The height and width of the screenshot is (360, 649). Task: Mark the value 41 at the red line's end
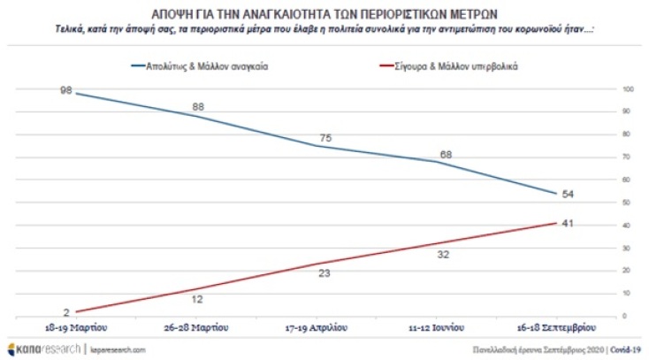coord(569,223)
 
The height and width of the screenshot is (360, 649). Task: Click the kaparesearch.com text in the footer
coord(118,349)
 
